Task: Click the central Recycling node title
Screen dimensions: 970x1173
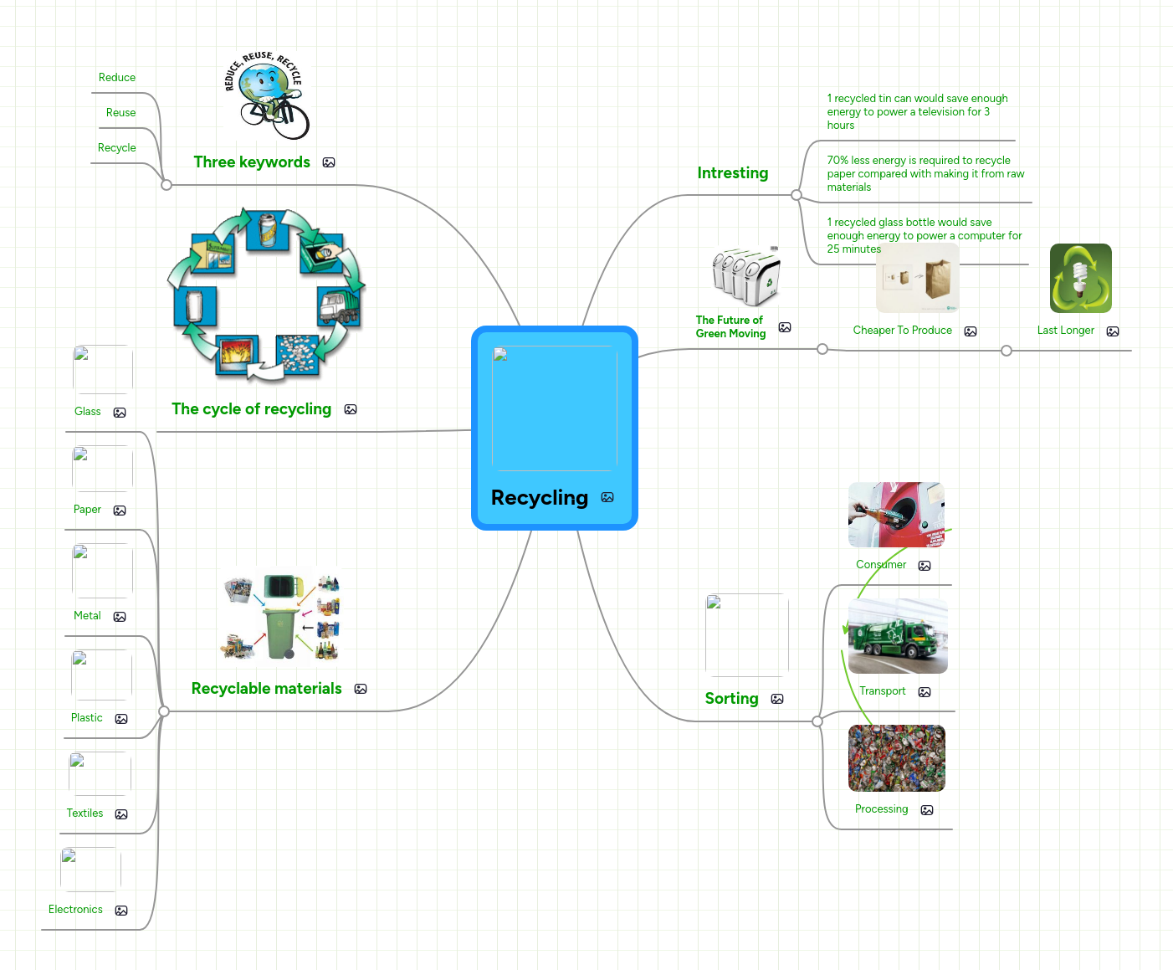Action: tap(540, 498)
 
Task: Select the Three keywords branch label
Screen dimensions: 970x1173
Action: tap(252, 162)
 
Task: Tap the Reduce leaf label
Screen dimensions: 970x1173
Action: tap(117, 78)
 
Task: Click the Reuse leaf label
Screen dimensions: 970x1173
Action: tap(120, 113)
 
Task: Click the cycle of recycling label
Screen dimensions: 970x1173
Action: tap(251, 409)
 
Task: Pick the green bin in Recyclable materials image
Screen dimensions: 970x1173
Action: tap(281, 632)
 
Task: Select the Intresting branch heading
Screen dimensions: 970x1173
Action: tap(732, 173)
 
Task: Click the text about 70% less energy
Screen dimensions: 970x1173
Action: tap(925, 174)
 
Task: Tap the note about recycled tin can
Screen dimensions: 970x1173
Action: tap(916, 112)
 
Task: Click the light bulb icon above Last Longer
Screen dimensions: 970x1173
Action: tap(1080, 279)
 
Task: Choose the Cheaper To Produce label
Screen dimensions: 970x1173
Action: tap(902, 331)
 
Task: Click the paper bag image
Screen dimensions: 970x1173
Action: tap(937, 279)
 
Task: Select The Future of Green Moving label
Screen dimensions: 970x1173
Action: tap(730, 327)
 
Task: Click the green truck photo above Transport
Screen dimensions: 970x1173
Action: tap(898, 636)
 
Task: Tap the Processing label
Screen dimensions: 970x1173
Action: tap(881, 809)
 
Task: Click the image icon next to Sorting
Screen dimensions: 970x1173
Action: tap(777, 699)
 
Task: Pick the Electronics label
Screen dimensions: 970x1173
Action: tap(75, 910)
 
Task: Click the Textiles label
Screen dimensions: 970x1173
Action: tap(85, 813)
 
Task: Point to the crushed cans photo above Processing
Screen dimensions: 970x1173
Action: tap(896, 758)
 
